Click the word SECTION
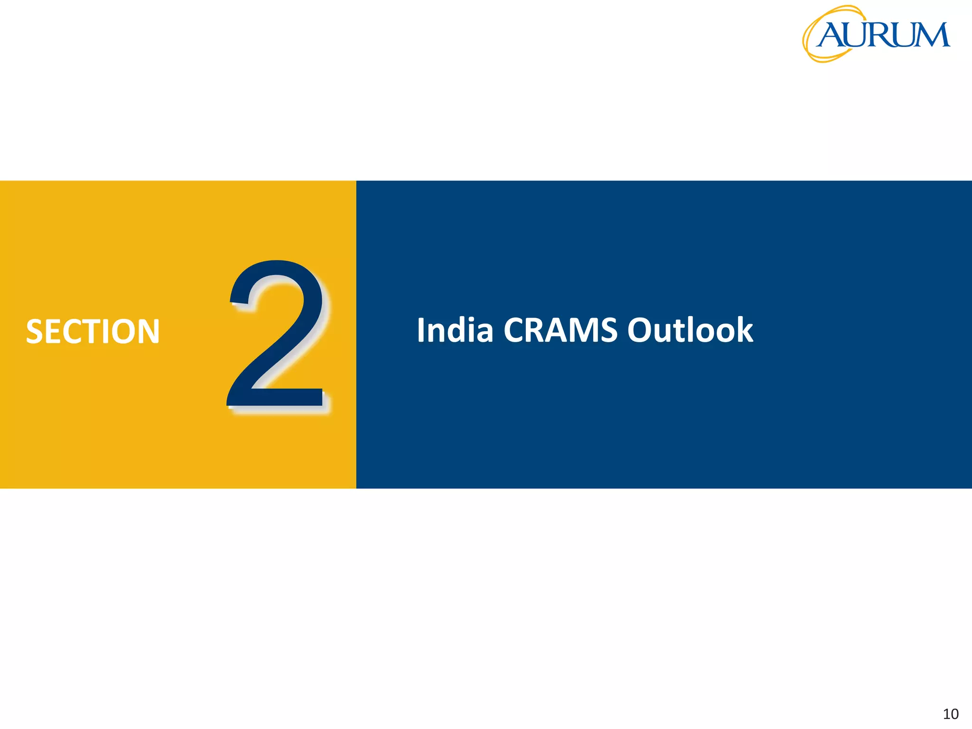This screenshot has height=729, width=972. point(93,331)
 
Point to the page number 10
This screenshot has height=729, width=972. point(951,714)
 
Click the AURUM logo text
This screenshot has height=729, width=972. point(883,35)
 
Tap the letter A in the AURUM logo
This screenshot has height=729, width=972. point(831,36)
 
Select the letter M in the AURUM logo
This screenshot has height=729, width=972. point(930,35)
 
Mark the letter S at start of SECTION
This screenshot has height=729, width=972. point(35,331)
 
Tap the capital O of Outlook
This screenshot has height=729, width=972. point(642,330)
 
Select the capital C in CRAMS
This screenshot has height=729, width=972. point(514,330)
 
